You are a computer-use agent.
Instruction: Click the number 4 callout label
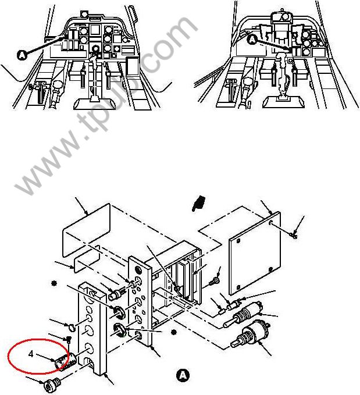pos(31,354)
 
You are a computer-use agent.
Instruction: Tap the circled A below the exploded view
pos(183,375)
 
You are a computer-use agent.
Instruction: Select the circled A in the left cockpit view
pos(22,55)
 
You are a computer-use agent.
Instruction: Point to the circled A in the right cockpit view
pos(252,40)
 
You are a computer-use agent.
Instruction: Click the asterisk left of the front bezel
pos(54,283)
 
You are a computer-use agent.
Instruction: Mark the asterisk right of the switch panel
pos(173,332)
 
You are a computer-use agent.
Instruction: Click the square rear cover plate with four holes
pos(255,254)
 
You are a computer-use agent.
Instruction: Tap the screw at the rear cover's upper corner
pos(294,236)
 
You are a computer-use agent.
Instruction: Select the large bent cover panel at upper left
pos(86,230)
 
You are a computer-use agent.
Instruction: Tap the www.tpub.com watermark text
pos(106,105)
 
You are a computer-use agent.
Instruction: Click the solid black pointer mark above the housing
pos(199,203)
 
